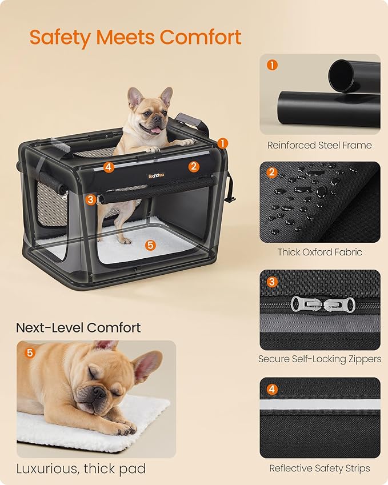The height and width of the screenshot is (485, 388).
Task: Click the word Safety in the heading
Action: (x=61, y=37)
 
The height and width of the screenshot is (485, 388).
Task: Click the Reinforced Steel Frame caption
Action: (x=319, y=145)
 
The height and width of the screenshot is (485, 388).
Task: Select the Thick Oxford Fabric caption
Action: (x=319, y=252)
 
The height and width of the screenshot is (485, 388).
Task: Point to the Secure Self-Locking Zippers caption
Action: (x=319, y=359)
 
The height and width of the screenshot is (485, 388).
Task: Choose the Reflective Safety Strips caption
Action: (x=319, y=468)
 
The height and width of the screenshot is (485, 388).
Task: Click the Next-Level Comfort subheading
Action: (x=78, y=328)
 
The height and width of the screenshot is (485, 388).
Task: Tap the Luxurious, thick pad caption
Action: (x=81, y=469)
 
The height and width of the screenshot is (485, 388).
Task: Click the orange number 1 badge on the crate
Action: (x=222, y=143)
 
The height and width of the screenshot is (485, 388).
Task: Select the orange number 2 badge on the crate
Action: (x=194, y=166)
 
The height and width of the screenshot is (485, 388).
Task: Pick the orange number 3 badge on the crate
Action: (x=91, y=199)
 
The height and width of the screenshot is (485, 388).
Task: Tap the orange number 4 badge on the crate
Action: (x=109, y=167)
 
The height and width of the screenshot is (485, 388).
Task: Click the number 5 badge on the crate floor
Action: (x=150, y=244)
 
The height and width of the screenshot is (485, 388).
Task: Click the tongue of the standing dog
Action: (x=155, y=130)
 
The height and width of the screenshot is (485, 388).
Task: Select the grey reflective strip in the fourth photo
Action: (x=319, y=404)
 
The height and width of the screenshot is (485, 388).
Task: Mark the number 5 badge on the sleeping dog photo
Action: (x=30, y=353)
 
